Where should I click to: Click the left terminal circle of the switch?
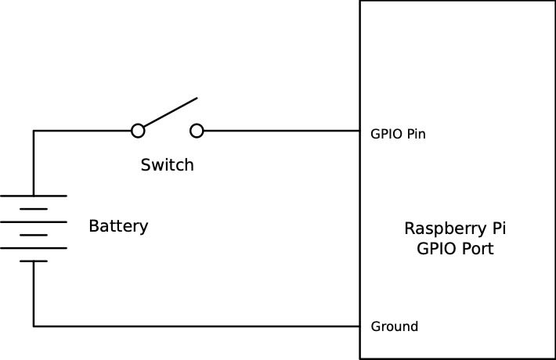pos(138,131)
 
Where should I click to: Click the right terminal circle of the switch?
pos(197,131)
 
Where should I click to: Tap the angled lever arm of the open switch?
pos(168,113)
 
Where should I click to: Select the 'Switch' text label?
pos(167,165)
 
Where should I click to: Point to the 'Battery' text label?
pos(118,227)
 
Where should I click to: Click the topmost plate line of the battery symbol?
pos(34,196)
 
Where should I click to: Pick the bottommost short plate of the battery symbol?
pos(34,261)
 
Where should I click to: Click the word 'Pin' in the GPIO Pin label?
pos(416,134)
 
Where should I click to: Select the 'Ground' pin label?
pos(394,326)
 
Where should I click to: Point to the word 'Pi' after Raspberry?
pos(497,229)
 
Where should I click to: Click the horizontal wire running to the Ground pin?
pos(196,326)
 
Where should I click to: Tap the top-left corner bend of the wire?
pos(34,131)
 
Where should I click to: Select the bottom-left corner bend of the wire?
pos(34,326)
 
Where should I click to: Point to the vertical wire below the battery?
pos(34,293)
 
